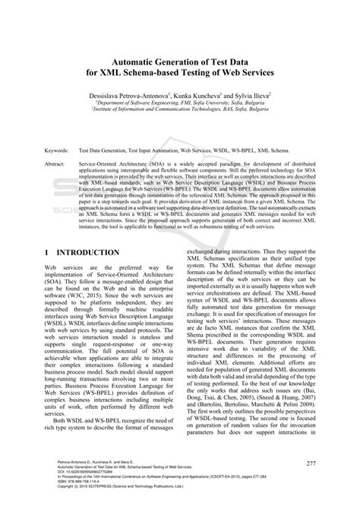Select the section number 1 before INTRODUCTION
click(47, 252)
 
